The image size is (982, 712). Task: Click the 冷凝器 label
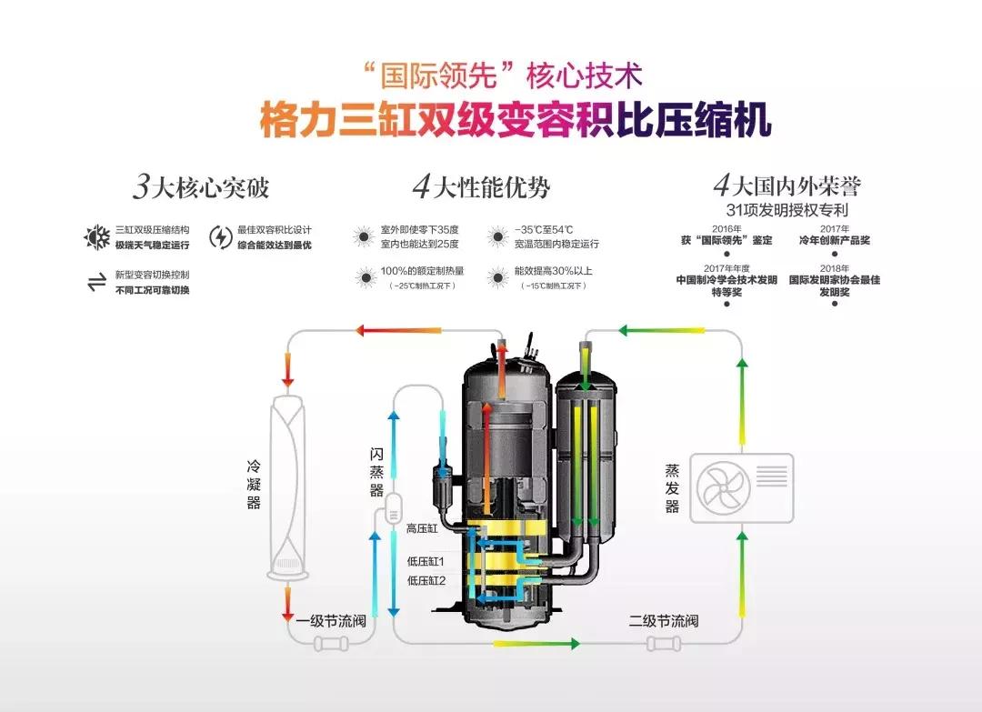(x=254, y=483)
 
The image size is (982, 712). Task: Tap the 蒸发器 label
(x=672, y=488)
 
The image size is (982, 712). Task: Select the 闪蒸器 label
(x=376, y=471)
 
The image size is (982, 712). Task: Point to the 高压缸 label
(x=423, y=528)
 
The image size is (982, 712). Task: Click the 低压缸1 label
(x=426, y=561)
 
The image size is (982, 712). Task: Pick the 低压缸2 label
(x=426, y=580)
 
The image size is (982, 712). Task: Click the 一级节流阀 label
(x=331, y=622)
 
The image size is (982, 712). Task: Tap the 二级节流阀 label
(x=663, y=622)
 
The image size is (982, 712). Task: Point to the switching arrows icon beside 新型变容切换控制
(x=96, y=282)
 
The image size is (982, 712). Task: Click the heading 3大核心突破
(x=201, y=187)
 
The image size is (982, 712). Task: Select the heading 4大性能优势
(x=481, y=187)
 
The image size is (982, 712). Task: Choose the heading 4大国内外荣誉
(x=787, y=186)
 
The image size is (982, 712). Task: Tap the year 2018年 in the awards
(x=834, y=269)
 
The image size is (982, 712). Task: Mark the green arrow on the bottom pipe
(x=536, y=644)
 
